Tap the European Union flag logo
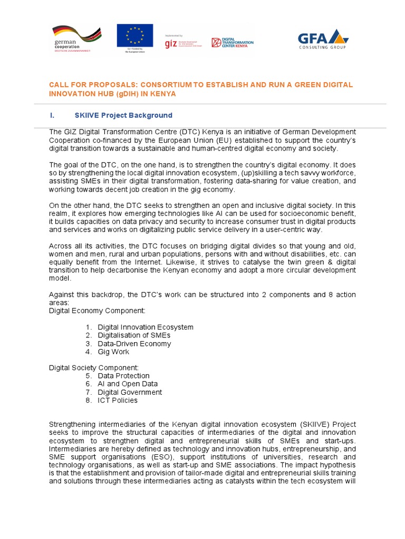tap(134, 38)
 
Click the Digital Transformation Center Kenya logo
tap(232, 43)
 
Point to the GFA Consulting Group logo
tap(323, 39)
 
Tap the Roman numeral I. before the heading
tap(51, 115)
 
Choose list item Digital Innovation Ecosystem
tap(145, 327)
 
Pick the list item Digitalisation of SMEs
tap(134, 335)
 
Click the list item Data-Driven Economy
tap(134, 344)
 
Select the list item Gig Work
tap(113, 352)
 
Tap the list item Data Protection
tap(123, 376)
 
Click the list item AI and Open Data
tap(128, 384)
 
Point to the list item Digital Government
tap(130, 392)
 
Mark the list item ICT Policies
tap(117, 401)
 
